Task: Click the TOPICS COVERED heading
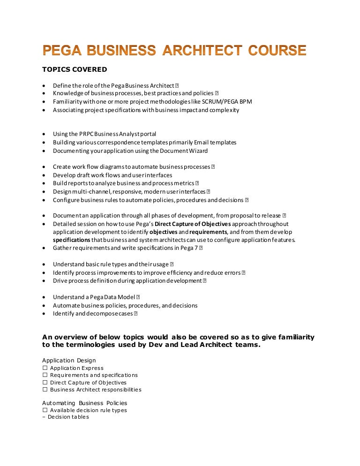(75, 69)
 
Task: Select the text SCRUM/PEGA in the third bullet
(212, 102)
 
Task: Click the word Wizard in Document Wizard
(198, 150)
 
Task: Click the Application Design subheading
(69, 361)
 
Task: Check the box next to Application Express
(45, 368)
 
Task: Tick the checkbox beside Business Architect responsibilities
(45, 390)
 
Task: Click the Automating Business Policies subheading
(84, 403)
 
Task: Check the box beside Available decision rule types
(45, 410)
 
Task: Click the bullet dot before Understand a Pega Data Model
(44, 297)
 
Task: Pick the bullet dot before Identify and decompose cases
(44, 314)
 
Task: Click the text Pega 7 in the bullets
(189, 248)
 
